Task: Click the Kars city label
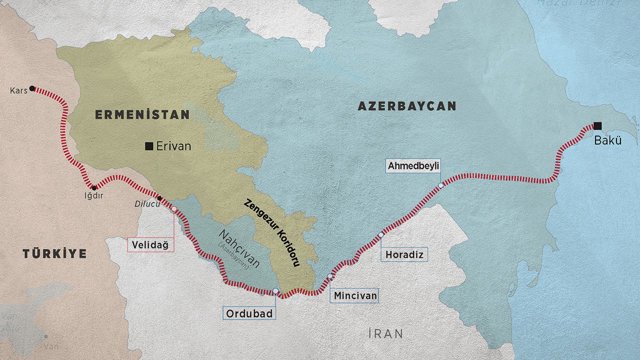pyautogui.click(x=16, y=89)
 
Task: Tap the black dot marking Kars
pyautogui.click(x=33, y=89)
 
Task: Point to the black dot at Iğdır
pyautogui.click(x=94, y=187)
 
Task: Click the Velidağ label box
pyautogui.click(x=147, y=242)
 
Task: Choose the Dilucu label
pyautogui.click(x=146, y=207)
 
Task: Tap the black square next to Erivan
pyautogui.click(x=149, y=146)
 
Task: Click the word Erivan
pyautogui.click(x=174, y=146)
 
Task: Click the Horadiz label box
pyautogui.click(x=405, y=255)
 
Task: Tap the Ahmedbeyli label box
pyautogui.click(x=413, y=165)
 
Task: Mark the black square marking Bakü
pyautogui.click(x=597, y=126)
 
